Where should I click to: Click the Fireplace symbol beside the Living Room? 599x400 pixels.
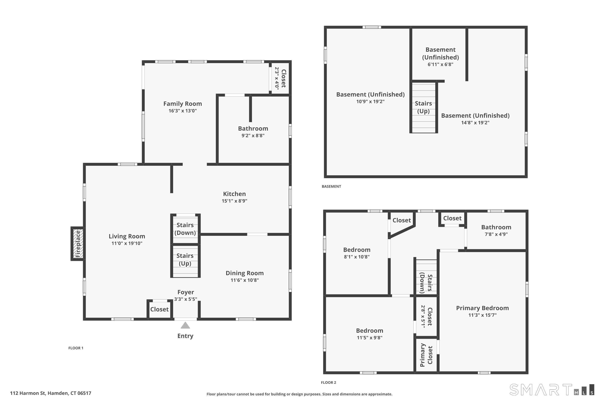click(77, 244)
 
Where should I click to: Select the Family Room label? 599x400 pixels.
click(183, 104)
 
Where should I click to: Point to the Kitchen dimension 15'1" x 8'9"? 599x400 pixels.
click(234, 201)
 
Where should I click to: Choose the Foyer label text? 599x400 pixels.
click(186, 292)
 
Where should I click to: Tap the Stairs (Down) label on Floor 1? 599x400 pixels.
click(185, 229)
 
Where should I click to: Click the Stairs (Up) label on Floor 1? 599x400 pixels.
click(185, 259)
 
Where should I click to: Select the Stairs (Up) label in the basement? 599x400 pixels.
click(423, 107)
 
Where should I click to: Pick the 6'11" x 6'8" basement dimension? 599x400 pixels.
click(440, 64)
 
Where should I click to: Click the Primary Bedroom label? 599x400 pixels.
click(482, 308)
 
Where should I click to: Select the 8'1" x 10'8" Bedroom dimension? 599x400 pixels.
click(357, 257)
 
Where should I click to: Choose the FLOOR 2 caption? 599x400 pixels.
click(328, 382)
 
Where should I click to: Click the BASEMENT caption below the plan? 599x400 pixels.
click(331, 186)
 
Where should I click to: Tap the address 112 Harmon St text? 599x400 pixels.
click(51, 393)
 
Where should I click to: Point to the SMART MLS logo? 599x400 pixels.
click(552, 390)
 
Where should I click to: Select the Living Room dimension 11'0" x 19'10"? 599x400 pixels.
click(127, 243)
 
